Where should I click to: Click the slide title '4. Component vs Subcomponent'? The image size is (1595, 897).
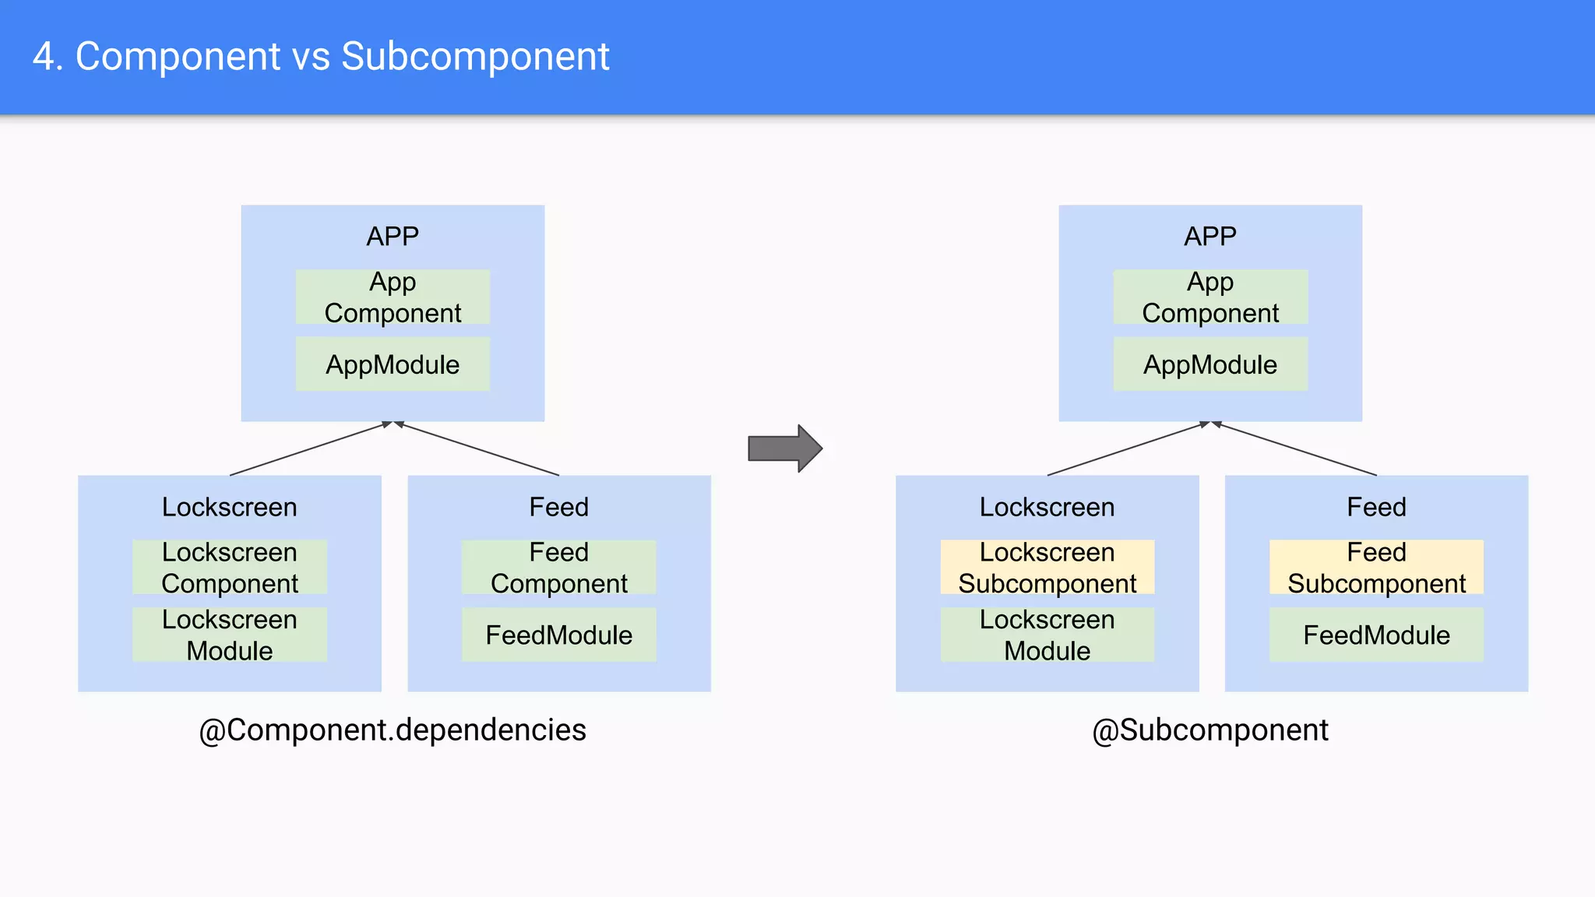tap(321, 57)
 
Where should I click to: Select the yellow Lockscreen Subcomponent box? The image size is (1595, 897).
tap(1047, 568)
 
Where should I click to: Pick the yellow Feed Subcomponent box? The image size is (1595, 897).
tap(1376, 568)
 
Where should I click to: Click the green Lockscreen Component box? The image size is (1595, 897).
tap(230, 568)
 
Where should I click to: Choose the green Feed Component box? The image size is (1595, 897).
tap(558, 568)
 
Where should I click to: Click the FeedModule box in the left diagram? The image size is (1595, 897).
tap(558, 635)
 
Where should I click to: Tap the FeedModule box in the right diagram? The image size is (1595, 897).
tap(1376, 635)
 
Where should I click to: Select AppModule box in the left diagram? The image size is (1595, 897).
tap(393, 364)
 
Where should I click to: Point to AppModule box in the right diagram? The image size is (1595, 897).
tap(1209, 364)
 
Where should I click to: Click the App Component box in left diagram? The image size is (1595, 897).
tap(393, 297)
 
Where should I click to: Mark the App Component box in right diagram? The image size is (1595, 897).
tap(1209, 297)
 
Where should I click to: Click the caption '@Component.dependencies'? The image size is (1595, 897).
tap(393, 730)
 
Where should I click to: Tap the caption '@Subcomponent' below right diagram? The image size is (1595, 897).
tap(1209, 730)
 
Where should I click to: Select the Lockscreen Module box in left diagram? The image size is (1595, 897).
tap(230, 635)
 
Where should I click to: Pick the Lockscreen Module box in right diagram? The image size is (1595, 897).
tap(1047, 635)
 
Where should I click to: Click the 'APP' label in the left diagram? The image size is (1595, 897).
tap(393, 236)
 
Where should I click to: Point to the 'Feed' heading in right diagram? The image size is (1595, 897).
tap(1376, 507)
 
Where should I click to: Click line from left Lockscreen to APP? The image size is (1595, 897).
tap(308, 449)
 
